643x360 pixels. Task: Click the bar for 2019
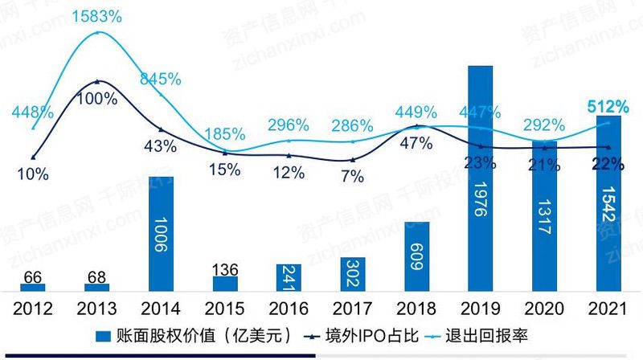pos(480,177)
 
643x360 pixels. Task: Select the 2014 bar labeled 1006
pos(161,233)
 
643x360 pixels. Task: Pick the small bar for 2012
pos(33,286)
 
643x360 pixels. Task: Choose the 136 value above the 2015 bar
pos(225,268)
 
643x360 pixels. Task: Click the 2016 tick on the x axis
pos(289,308)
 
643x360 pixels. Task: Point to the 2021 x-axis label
pos(608,308)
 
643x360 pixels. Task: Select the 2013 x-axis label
pos(96,308)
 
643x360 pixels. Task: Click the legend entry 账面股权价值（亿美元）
pos(194,335)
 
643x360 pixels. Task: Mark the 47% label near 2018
pos(416,143)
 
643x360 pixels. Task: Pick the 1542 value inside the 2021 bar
pos(609,216)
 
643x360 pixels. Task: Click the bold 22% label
pos(608,165)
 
